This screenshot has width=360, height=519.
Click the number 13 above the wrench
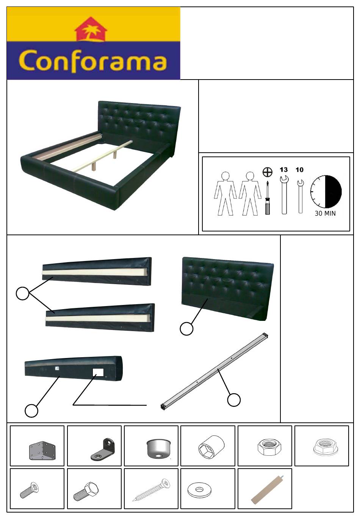(283, 170)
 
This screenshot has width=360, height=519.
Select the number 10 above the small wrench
(299, 170)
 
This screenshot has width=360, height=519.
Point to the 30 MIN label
(325, 213)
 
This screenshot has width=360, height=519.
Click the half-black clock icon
(326, 191)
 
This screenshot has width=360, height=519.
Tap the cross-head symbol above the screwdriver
(268, 172)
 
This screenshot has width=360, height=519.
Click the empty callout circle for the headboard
(186, 328)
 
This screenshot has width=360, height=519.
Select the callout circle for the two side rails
(22, 293)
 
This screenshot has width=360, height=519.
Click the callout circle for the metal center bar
(234, 400)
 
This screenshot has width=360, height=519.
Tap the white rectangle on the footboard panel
(98, 372)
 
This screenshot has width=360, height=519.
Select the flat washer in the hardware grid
(199, 489)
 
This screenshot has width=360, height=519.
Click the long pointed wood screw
(151, 489)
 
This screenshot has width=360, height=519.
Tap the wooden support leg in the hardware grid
(267, 490)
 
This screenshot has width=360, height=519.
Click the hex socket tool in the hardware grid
(211, 447)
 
